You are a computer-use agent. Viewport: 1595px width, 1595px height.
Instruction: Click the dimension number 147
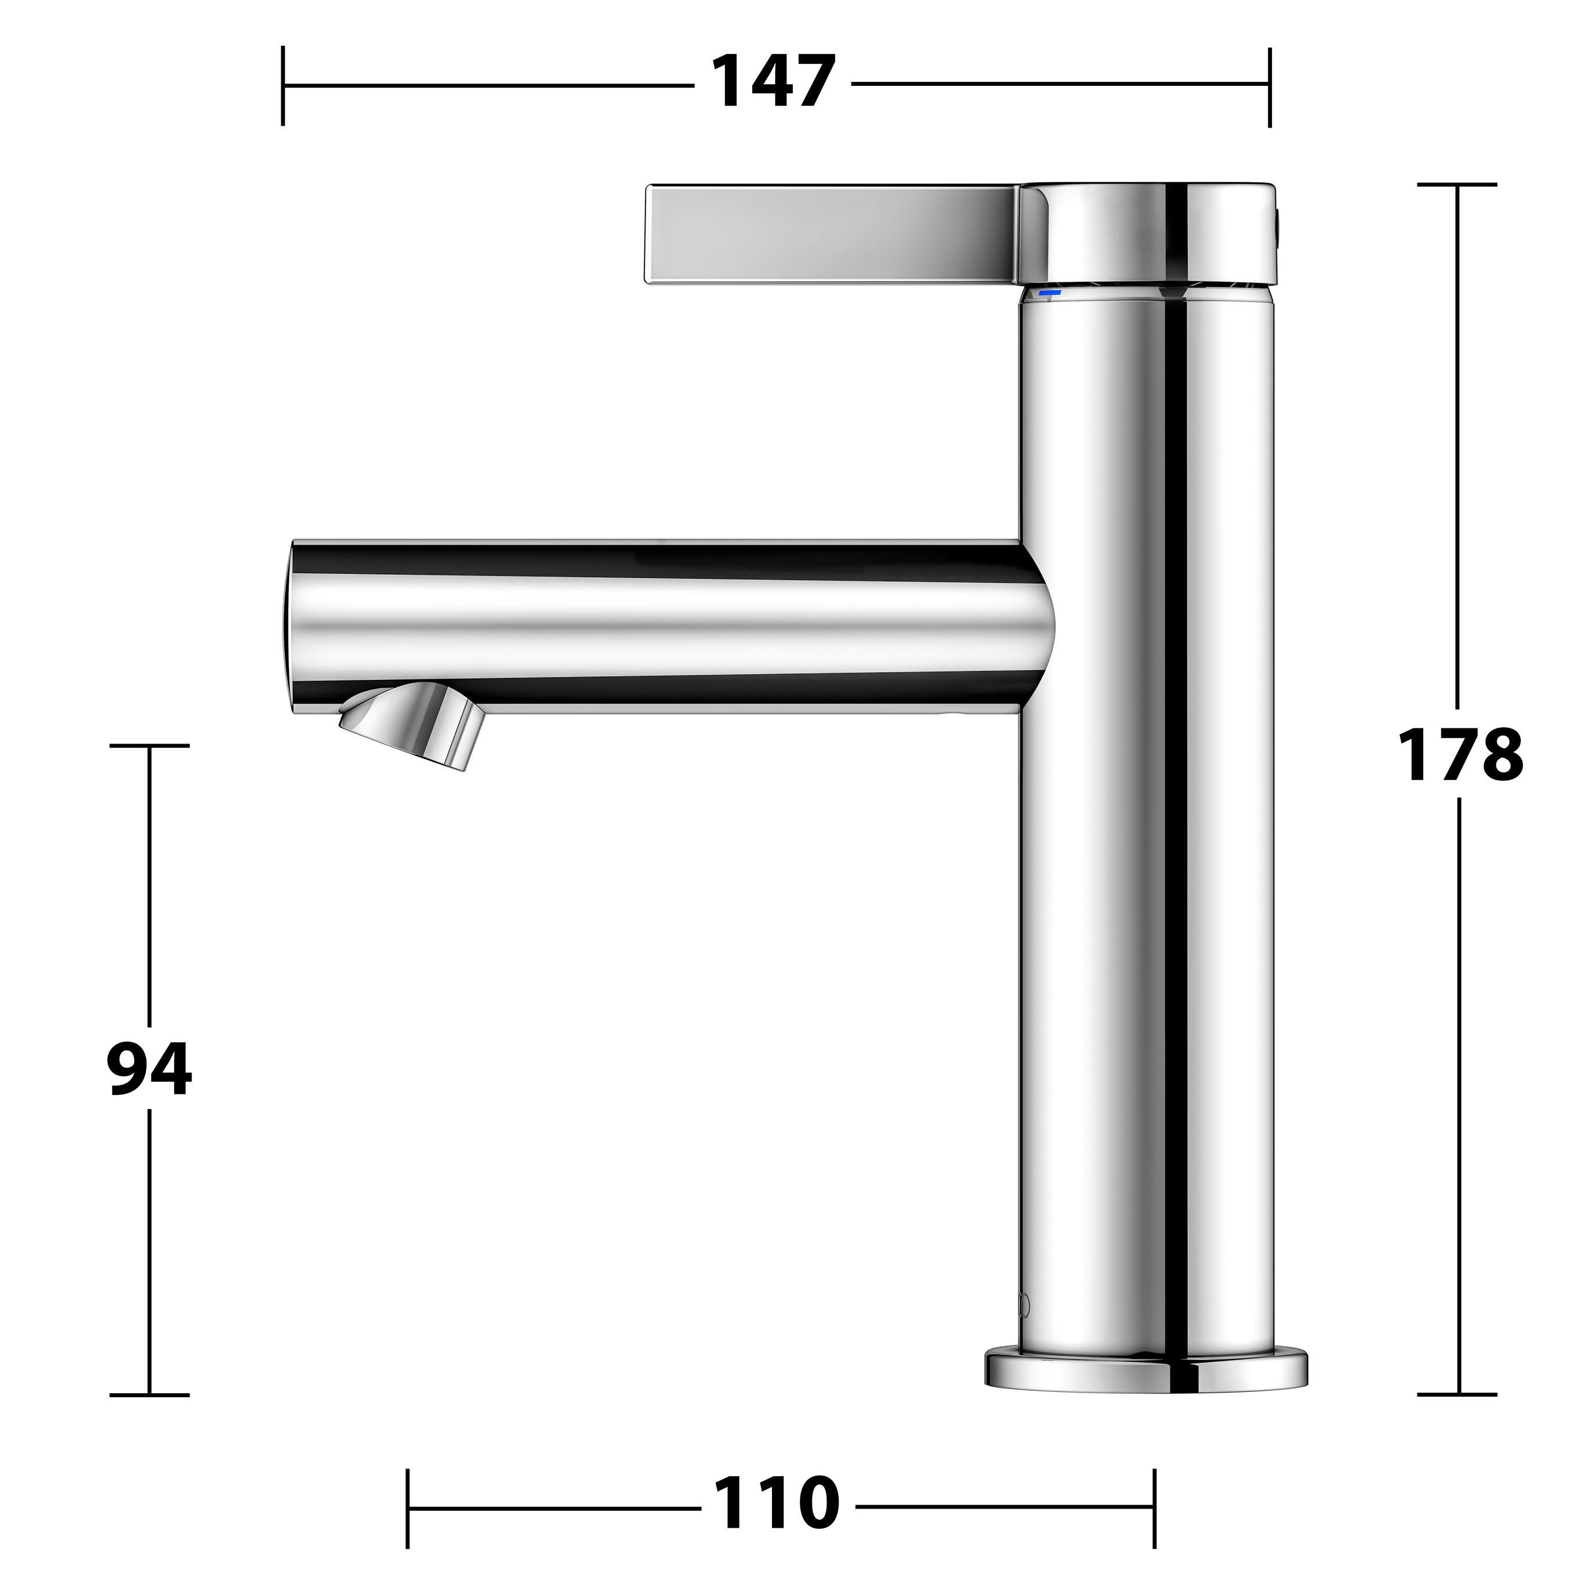[x=774, y=82]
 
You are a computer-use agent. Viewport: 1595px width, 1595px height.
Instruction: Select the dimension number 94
[x=150, y=1068]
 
